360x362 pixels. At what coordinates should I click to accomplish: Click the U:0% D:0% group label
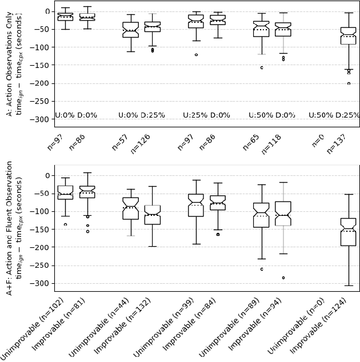(76, 115)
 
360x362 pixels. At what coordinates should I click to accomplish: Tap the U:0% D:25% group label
(142, 115)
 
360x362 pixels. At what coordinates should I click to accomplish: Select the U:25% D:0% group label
(206, 115)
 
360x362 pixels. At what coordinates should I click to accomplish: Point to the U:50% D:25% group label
(334, 115)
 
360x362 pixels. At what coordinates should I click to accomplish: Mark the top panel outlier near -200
(349, 83)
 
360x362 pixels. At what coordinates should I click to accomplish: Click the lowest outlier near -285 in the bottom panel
(283, 277)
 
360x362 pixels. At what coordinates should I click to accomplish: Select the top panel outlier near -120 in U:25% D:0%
(196, 55)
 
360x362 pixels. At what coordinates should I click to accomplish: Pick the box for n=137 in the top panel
(348, 35)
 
